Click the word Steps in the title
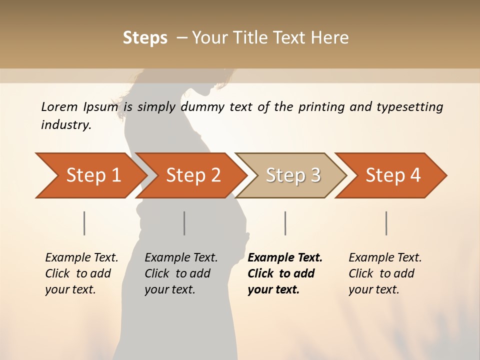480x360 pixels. pos(145,38)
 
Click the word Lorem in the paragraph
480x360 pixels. pos(59,107)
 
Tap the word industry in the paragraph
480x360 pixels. pos(66,125)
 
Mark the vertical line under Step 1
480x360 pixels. pos(84,223)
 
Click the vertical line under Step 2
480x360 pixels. pos(184,223)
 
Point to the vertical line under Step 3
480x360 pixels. pos(285,223)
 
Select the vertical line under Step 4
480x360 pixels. pos(386,223)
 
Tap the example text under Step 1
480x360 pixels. pos(81,273)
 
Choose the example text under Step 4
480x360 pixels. pos(385,273)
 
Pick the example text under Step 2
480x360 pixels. pos(181,273)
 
